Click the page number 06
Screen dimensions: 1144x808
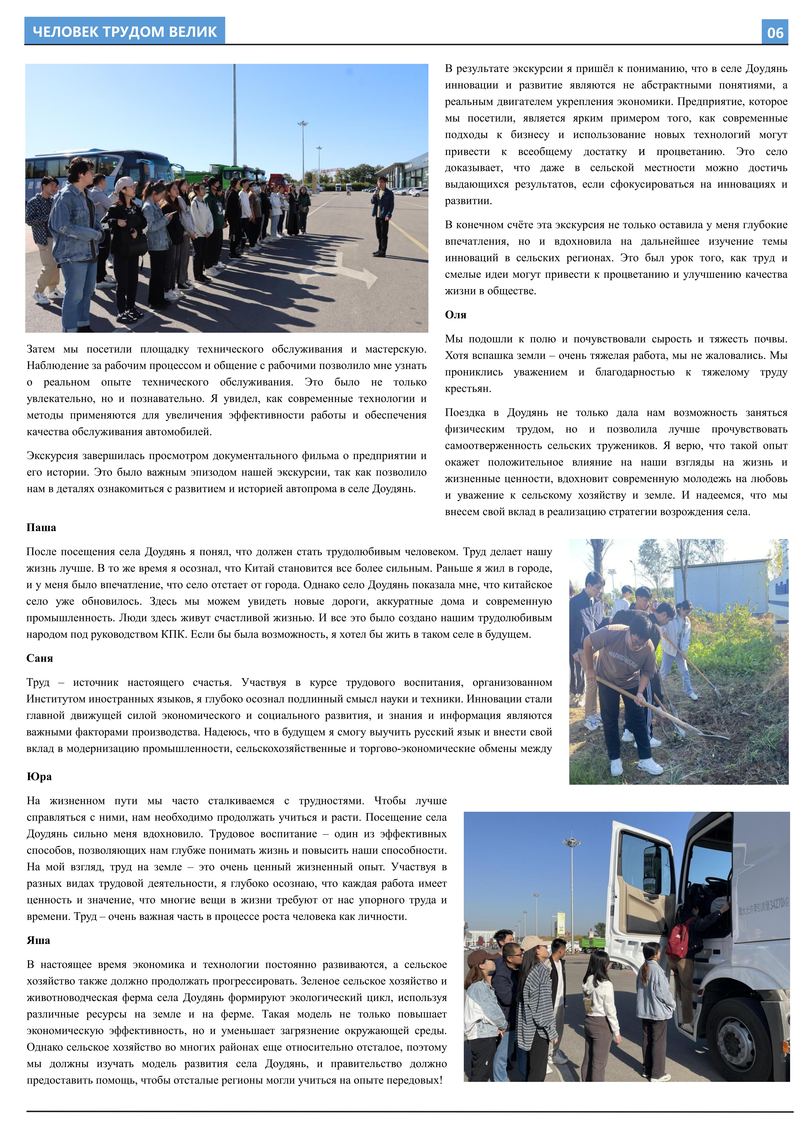pyautogui.click(x=775, y=33)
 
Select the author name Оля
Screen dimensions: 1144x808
pyautogui.click(x=455, y=315)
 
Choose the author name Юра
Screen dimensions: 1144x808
pyautogui.click(x=39, y=776)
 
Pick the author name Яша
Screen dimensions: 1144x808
pyautogui.click(x=38, y=940)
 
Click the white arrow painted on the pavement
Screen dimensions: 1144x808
pyautogui.click(x=344, y=271)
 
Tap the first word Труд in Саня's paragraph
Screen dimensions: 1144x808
pyautogui.click(x=38, y=683)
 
